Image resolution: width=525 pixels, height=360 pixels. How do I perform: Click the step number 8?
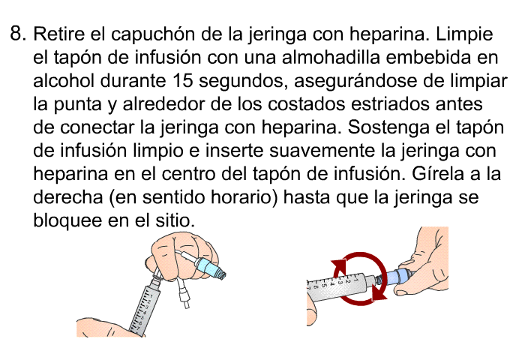[x=18, y=34]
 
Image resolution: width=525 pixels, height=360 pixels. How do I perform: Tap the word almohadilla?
[x=331, y=57]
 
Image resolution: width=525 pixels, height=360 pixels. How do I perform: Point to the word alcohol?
[x=64, y=80]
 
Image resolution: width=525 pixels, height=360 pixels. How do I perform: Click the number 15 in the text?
[x=183, y=80]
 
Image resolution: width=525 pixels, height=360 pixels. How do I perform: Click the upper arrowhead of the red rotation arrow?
[x=339, y=267]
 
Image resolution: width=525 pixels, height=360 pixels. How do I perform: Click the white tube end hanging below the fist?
[x=187, y=303]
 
